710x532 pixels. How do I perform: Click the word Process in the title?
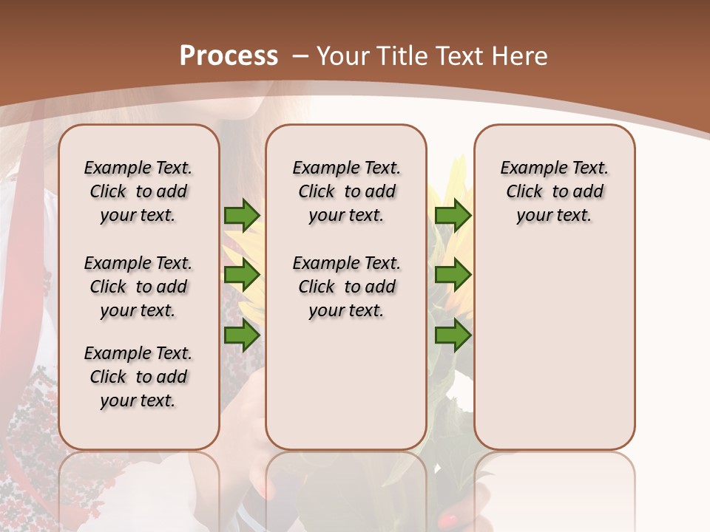tap(229, 55)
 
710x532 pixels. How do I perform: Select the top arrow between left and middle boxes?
tap(242, 215)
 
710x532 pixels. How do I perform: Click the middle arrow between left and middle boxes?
tap(242, 276)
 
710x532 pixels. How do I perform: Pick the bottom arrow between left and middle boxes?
tap(242, 335)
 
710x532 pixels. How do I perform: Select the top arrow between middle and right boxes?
tap(453, 215)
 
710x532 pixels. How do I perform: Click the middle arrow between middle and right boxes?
tap(453, 276)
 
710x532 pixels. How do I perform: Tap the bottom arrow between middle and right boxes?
tap(453, 335)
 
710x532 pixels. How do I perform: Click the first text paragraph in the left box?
tap(138, 191)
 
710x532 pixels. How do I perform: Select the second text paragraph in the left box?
tap(138, 287)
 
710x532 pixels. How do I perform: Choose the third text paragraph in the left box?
tap(138, 377)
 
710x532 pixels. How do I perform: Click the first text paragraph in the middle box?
tap(346, 191)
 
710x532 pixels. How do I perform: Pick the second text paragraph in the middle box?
tap(346, 287)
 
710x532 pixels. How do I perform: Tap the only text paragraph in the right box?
tap(554, 191)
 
